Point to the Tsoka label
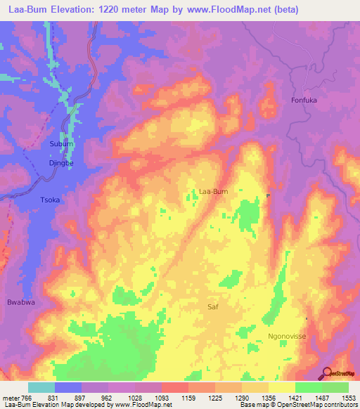pyautogui.click(x=49, y=200)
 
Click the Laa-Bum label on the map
pyautogui.click(x=214, y=190)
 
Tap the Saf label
pyautogui.click(x=214, y=307)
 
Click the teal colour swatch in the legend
pyautogui.click(x=41, y=387)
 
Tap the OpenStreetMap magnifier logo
pyautogui.click(x=327, y=373)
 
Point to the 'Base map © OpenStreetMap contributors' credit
pyautogui.click(x=298, y=405)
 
